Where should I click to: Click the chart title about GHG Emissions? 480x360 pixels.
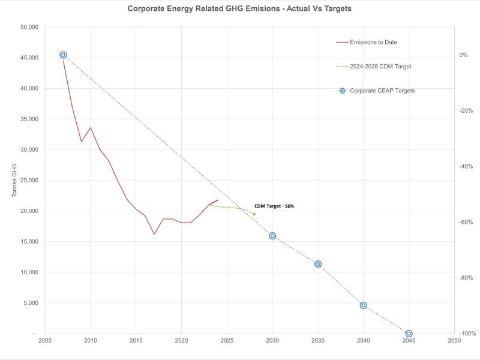240,9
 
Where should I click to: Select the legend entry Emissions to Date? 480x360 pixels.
374,42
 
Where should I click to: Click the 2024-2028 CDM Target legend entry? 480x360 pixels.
382,66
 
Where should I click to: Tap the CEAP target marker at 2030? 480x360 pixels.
272,236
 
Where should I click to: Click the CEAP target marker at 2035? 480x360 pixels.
318,264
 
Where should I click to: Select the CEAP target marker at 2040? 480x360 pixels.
364,305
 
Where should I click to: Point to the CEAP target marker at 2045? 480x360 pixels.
409,334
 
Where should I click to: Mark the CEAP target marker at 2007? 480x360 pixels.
63,55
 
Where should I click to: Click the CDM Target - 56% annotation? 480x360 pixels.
274,206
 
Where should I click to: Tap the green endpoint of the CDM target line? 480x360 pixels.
254,214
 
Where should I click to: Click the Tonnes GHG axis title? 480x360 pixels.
13,181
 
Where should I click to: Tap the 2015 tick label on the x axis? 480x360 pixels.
136,340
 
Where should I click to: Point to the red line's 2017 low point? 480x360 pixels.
154,234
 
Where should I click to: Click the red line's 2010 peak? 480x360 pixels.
91,127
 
